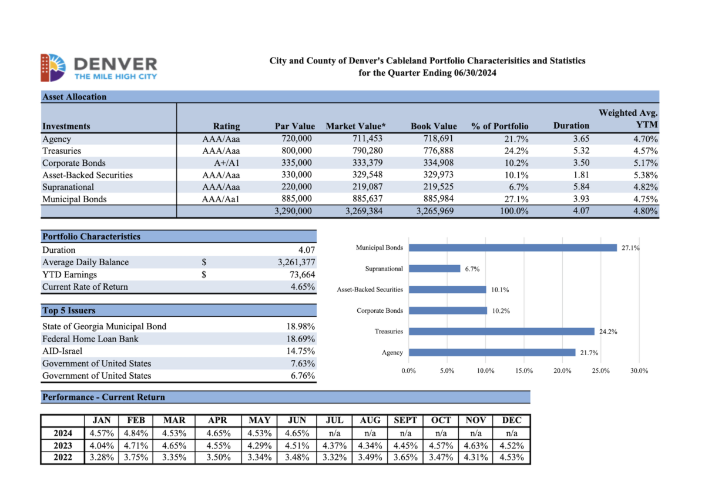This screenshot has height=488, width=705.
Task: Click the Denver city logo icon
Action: click(53, 67)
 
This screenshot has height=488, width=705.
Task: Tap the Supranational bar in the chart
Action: click(434, 269)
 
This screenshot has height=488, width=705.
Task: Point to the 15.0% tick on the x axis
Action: click(523, 370)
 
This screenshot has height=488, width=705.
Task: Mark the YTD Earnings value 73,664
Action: click(300, 275)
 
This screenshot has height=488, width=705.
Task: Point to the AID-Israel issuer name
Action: click(62, 351)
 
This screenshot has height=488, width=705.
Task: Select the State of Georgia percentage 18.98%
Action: click(300, 326)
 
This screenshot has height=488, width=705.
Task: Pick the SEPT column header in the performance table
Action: click(405, 420)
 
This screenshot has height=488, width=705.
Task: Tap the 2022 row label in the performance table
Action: click(62, 457)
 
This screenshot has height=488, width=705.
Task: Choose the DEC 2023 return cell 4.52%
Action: click(511, 445)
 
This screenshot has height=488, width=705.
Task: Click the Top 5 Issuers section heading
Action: click(69, 310)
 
